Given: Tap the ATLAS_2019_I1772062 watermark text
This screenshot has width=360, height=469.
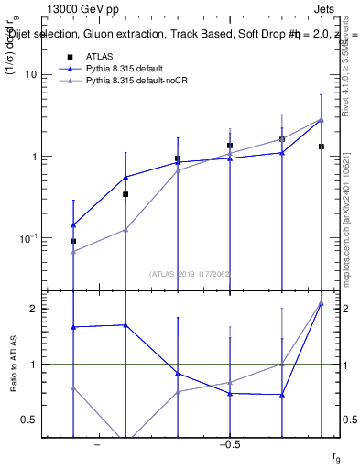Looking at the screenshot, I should (x=190, y=274).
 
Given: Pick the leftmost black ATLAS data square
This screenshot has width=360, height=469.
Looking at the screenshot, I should (x=73, y=241).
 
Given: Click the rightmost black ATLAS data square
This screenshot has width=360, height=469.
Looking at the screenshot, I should (x=322, y=147).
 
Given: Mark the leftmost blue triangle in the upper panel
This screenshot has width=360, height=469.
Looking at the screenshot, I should (x=73, y=224).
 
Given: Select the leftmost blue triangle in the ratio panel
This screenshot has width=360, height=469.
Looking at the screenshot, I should (x=73, y=327).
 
